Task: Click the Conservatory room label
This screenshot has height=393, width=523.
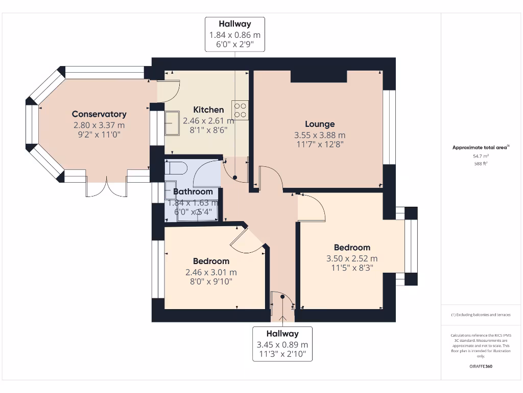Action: point(99,114)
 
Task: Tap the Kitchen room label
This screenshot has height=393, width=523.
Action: point(208,110)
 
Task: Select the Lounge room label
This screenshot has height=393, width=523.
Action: point(320,124)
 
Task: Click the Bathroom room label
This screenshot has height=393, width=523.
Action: point(193,192)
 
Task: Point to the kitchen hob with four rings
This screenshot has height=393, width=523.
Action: point(240,110)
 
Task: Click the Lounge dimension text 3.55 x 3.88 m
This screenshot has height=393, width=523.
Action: point(320,135)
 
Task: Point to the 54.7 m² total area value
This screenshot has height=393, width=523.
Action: point(480,156)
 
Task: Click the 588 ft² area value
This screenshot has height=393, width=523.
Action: point(480,164)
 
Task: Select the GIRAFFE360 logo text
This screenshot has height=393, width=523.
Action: point(481,366)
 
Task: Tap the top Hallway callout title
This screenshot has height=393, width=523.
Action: point(235,24)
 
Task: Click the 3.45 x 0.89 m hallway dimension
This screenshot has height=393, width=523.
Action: point(282,344)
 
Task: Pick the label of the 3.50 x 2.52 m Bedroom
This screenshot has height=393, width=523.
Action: point(352,247)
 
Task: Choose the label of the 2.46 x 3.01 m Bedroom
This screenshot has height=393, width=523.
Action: point(211,261)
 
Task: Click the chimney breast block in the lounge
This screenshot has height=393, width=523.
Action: point(319,76)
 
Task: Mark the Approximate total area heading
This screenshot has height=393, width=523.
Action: point(480,147)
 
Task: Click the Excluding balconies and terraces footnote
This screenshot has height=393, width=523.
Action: point(480,315)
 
